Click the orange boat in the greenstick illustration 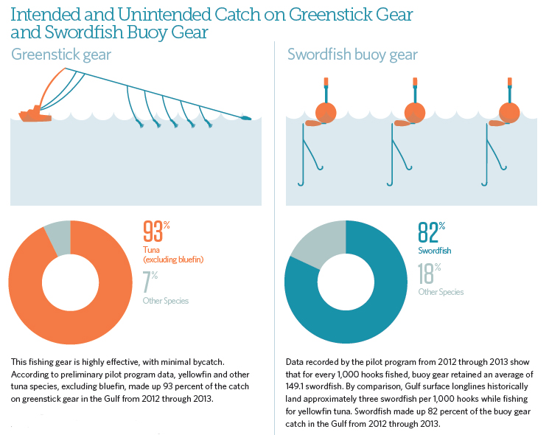[x=32, y=114]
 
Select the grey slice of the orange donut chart [x=58, y=236]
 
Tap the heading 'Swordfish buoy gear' [x=352, y=55]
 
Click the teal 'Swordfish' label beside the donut [x=435, y=251]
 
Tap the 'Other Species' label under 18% [x=441, y=292]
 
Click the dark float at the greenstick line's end [x=246, y=117]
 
